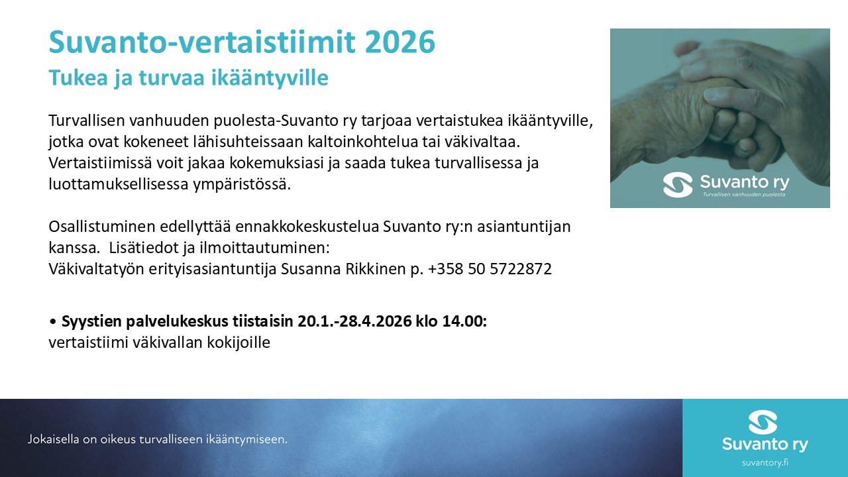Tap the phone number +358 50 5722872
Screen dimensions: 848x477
(490, 269)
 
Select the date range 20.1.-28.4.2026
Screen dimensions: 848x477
(354, 321)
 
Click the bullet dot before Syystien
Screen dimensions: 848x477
(53, 321)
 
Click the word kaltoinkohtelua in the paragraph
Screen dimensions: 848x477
(362, 142)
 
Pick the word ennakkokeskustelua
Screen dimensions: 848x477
(307, 227)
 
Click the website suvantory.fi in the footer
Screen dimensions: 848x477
(765, 463)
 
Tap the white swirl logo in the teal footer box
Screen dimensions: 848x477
(763, 422)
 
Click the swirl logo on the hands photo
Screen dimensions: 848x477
(678, 185)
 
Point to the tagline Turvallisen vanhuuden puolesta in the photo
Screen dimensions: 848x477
(744, 195)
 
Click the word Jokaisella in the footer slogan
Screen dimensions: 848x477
(54, 439)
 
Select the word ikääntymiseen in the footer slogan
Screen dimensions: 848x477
(246, 439)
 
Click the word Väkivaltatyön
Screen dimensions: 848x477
(96, 269)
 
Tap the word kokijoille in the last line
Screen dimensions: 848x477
(238, 343)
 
